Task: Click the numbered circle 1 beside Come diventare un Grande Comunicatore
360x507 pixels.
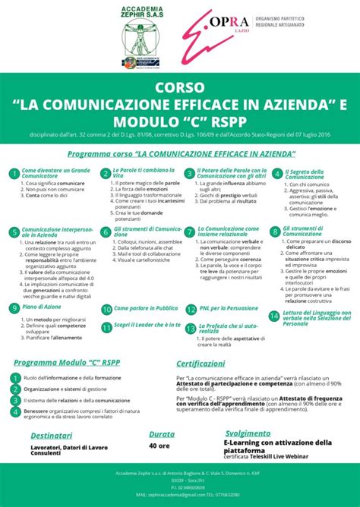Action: point(14,175)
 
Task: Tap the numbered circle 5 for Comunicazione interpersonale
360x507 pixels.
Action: point(14,232)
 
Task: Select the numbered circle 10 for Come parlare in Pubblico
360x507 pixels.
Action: point(106,310)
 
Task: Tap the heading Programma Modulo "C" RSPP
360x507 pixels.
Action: point(62,364)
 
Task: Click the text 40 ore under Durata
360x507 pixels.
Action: point(159,446)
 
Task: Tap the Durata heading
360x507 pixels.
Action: point(162,435)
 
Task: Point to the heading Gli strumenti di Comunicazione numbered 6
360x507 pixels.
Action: point(147,230)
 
